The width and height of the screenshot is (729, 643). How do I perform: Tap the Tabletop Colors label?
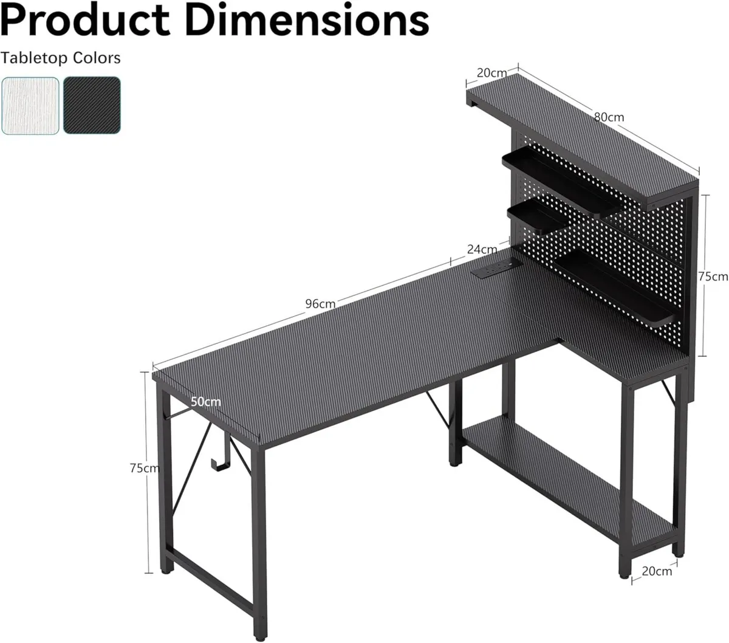[x=61, y=58]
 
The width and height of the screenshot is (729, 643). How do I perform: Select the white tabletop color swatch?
[x=31, y=105]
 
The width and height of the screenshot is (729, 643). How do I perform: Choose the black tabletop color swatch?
[x=92, y=105]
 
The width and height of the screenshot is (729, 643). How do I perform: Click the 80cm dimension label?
[x=609, y=117]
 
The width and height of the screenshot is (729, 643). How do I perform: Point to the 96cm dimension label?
[x=320, y=304]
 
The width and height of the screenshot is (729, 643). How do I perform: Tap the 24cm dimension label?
[x=482, y=249]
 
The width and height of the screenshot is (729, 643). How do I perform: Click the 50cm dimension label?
[x=206, y=402]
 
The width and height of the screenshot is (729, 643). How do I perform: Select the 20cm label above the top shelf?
[x=491, y=73]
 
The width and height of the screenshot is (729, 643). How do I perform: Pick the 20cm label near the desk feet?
[x=657, y=571]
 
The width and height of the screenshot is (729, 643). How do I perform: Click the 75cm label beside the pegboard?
[x=713, y=277]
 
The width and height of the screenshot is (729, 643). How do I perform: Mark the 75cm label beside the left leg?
[x=145, y=468]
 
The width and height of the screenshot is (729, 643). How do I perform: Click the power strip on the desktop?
[x=494, y=268]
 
